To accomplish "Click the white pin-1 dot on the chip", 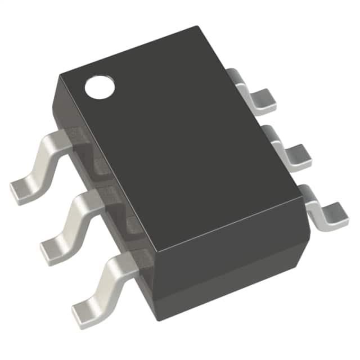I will pyautogui.click(x=99, y=87).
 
